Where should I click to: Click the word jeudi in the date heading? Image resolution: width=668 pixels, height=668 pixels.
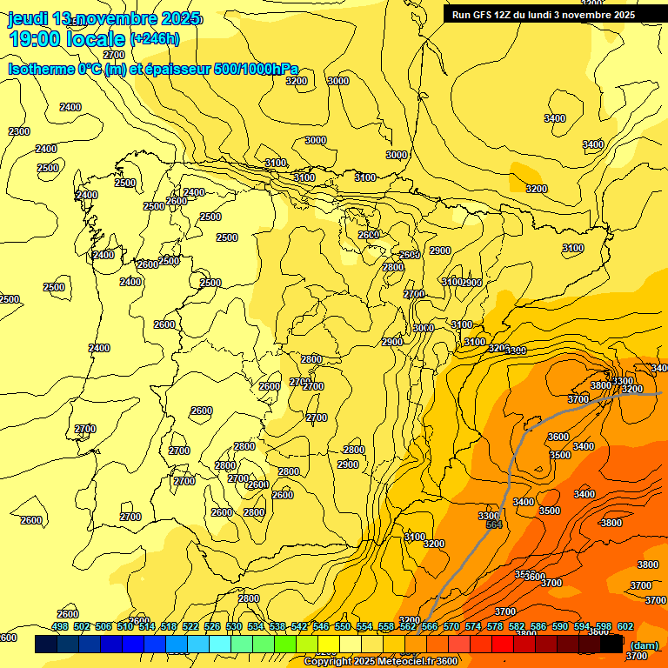pyautogui.click(x=29, y=18)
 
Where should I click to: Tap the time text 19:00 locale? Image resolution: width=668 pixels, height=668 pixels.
pyautogui.click(x=66, y=38)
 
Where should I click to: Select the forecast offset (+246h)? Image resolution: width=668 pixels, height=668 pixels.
pyautogui.click(x=155, y=38)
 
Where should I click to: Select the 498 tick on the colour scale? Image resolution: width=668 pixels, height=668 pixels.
pyautogui.click(x=60, y=626)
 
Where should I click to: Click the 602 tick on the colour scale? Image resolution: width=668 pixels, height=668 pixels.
pyautogui.click(x=625, y=626)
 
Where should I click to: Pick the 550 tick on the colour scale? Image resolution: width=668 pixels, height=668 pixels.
pyautogui.click(x=343, y=626)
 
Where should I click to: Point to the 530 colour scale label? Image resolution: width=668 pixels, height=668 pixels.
pyautogui.click(x=234, y=626)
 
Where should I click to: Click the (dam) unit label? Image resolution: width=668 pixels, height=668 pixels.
pyautogui.click(x=644, y=645)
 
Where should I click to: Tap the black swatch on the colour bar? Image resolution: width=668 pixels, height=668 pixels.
pyautogui.click(x=611, y=645)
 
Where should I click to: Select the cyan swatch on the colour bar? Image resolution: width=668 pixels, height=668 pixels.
pyautogui.click(x=220, y=645)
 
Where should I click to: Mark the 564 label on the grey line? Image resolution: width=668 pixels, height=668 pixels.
pyautogui.click(x=494, y=525)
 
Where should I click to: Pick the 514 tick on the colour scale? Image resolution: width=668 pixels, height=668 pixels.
pyautogui.click(x=147, y=626)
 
